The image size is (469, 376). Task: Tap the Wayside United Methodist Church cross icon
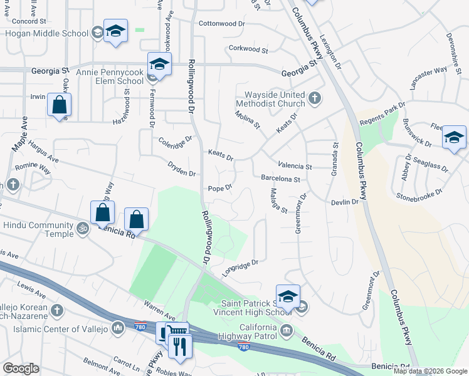[x=315, y=98]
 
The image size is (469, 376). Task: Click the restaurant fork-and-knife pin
[x=181, y=346]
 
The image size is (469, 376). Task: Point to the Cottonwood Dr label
[x=221, y=24]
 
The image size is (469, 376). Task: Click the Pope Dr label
[x=220, y=188]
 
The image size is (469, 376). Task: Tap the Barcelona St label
[x=281, y=179]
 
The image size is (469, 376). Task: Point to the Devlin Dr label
[x=345, y=202]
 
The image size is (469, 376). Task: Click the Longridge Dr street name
[x=240, y=268]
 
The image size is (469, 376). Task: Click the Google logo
[x=20, y=368]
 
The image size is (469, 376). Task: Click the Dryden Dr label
[x=182, y=169]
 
